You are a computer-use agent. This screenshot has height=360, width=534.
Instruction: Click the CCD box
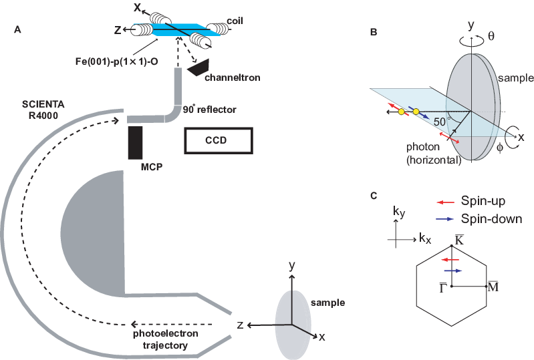coord(219,141)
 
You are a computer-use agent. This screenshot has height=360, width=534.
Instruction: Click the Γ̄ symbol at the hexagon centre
coord(442,288)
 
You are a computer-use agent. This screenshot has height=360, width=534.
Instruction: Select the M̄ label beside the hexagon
coord(493,286)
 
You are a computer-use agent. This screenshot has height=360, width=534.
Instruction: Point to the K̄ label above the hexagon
coord(459,239)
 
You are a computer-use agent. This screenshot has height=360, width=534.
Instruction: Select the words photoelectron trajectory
coord(159,339)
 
